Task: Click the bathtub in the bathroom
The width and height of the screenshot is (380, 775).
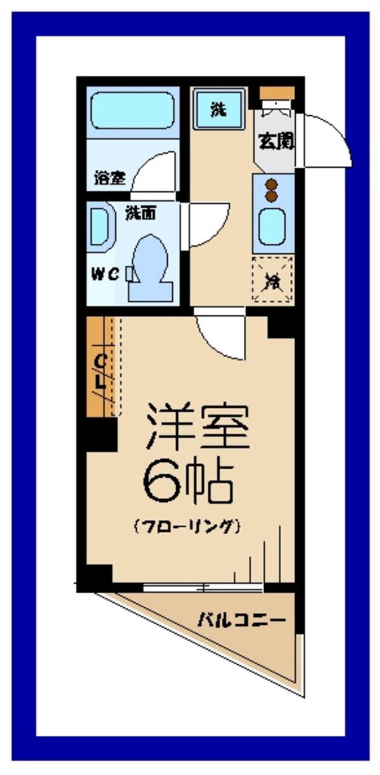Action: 132,111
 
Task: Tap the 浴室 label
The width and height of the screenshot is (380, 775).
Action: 109,178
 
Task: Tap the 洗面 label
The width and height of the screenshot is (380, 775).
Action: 141,213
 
